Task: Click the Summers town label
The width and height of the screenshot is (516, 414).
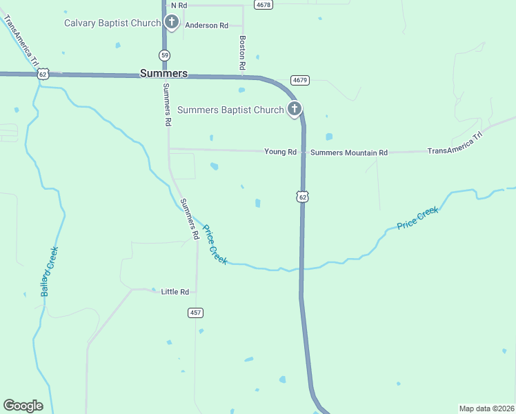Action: click(163, 72)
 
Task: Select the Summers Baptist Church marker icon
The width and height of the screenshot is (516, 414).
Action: click(295, 108)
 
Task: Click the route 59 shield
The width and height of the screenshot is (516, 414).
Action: click(163, 55)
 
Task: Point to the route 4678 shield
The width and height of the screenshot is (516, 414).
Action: click(263, 4)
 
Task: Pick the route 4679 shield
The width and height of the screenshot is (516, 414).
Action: click(300, 80)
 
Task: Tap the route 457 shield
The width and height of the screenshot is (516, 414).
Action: click(195, 313)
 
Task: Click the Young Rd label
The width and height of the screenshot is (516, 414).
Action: click(280, 152)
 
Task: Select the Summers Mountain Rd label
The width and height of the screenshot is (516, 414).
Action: click(349, 152)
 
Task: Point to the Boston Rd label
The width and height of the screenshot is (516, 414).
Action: click(243, 53)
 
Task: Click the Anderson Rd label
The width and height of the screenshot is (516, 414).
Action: click(206, 26)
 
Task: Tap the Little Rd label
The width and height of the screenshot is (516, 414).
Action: click(175, 292)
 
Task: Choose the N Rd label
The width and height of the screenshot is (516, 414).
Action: click(179, 5)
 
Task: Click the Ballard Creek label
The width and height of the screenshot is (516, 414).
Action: click(49, 271)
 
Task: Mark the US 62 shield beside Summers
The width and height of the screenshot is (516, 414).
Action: click(43, 74)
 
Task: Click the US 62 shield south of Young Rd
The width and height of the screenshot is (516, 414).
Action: click(302, 197)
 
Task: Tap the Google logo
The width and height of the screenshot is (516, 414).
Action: click(23, 406)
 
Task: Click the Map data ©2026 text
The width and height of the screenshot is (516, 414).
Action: click(486, 408)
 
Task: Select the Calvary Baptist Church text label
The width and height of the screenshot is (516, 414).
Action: click(112, 23)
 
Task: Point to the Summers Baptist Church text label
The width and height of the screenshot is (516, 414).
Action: click(230, 110)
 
